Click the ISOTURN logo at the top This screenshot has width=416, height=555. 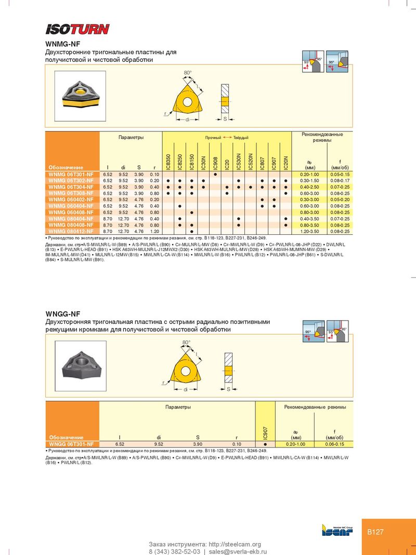(x=77, y=29)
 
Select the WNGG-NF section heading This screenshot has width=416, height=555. (x=63, y=314)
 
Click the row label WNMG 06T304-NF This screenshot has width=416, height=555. (x=71, y=187)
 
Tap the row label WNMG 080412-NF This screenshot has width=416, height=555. (x=71, y=231)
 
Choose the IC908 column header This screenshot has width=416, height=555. (x=215, y=161)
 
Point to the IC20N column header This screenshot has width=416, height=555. (x=286, y=161)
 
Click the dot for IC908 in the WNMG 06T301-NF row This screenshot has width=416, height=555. (x=215, y=174)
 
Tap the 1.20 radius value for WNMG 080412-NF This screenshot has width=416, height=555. (x=153, y=231)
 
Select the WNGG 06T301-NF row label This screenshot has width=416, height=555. (x=71, y=444)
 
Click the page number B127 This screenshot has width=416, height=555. (x=375, y=532)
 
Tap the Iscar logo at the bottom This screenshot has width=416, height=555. (x=337, y=530)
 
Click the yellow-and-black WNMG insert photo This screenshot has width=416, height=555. (x=79, y=95)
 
